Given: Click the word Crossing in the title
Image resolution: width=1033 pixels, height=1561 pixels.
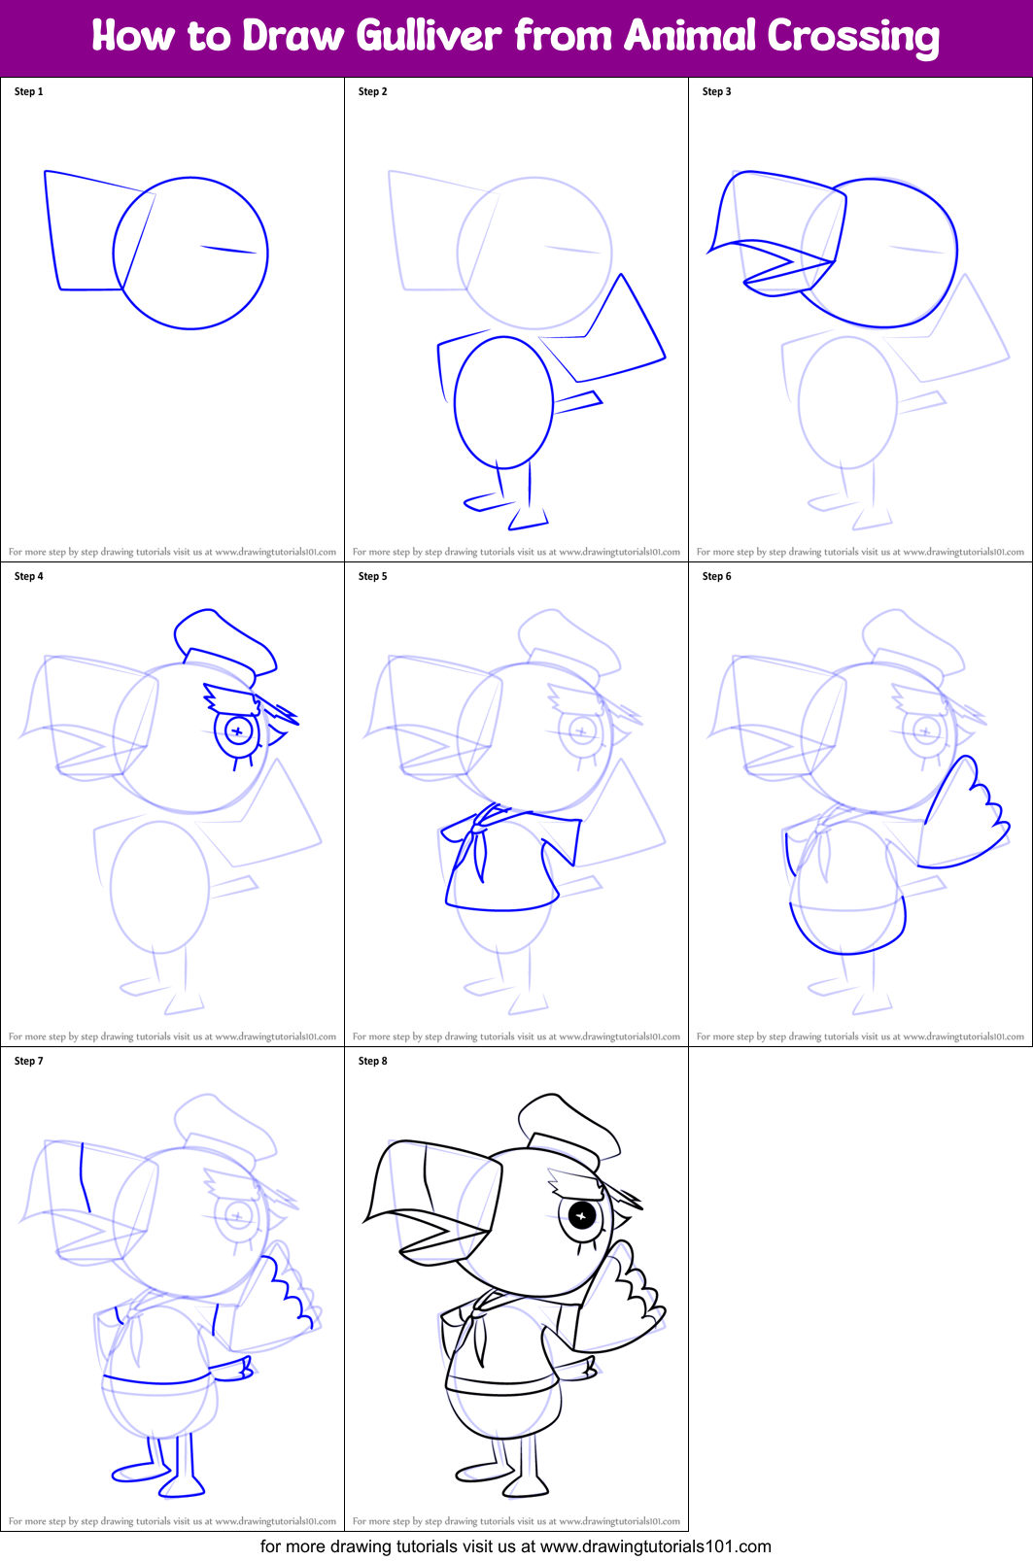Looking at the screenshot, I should click(853, 37).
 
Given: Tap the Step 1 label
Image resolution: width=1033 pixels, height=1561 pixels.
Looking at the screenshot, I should click(29, 91).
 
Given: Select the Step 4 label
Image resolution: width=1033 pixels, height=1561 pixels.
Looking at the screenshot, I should click(29, 576).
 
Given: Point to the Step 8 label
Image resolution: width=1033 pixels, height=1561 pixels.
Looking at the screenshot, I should click(373, 1061).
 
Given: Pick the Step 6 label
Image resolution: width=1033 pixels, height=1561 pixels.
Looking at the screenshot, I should click(717, 576).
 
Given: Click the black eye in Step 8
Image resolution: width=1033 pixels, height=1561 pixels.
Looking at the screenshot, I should click(581, 1215).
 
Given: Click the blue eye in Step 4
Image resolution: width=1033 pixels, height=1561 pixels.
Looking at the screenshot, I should click(238, 730).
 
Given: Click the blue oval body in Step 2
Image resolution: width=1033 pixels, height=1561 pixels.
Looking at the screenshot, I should click(503, 402).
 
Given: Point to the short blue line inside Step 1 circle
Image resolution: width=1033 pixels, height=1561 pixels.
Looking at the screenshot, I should click(229, 250).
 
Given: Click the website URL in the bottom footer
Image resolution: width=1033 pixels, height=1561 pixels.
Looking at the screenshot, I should click(655, 1546).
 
